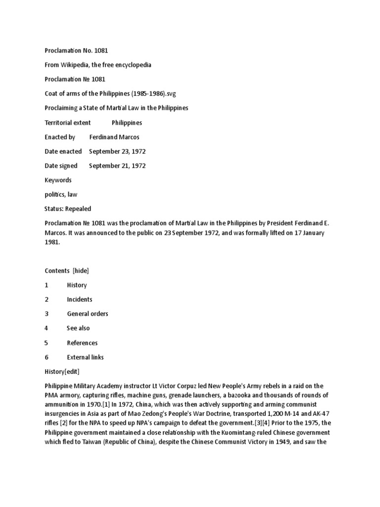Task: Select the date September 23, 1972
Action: pyautogui.click(x=117, y=152)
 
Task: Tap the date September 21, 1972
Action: pyautogui.click(x=117, y=166)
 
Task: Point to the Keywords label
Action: pyautogui.click(x=58, y=180)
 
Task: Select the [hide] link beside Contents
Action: pyautogui.click(x=81, y=270)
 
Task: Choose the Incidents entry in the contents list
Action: pyautogui.click(x=80, y=299)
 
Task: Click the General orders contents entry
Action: pyautogui.click(x=88, y=313)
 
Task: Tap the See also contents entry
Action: pyautogui.click(x=78, y=328)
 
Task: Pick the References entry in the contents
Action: pyautogui.click(x=82, y=343)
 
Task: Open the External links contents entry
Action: pyautogui.click(x=85, y=357)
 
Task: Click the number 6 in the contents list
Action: pyautogui.click(x=47, y=357)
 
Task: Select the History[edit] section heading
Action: pyautogui.click(x=62, y=371)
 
